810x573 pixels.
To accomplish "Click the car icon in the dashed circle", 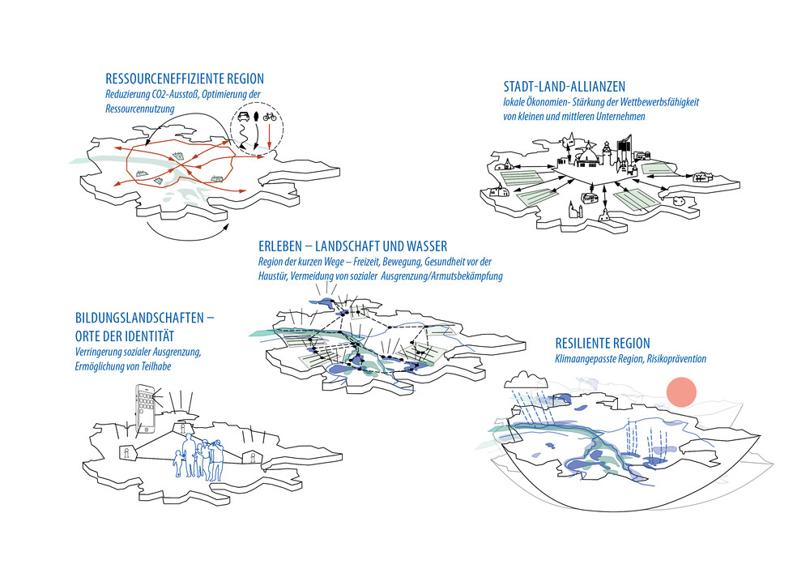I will coord(242,116).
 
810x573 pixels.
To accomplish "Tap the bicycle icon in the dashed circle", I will coord(270,116).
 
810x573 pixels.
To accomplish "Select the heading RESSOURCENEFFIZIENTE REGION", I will coord(185,79).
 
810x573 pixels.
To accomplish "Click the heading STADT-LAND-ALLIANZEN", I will coord(564,87).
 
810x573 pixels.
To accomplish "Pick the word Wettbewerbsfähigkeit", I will coord(653,103).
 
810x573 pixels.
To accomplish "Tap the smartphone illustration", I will coord(147,410).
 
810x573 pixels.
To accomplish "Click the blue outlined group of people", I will coord(198,459).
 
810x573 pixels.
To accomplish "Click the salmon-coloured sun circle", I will coord(681,392).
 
